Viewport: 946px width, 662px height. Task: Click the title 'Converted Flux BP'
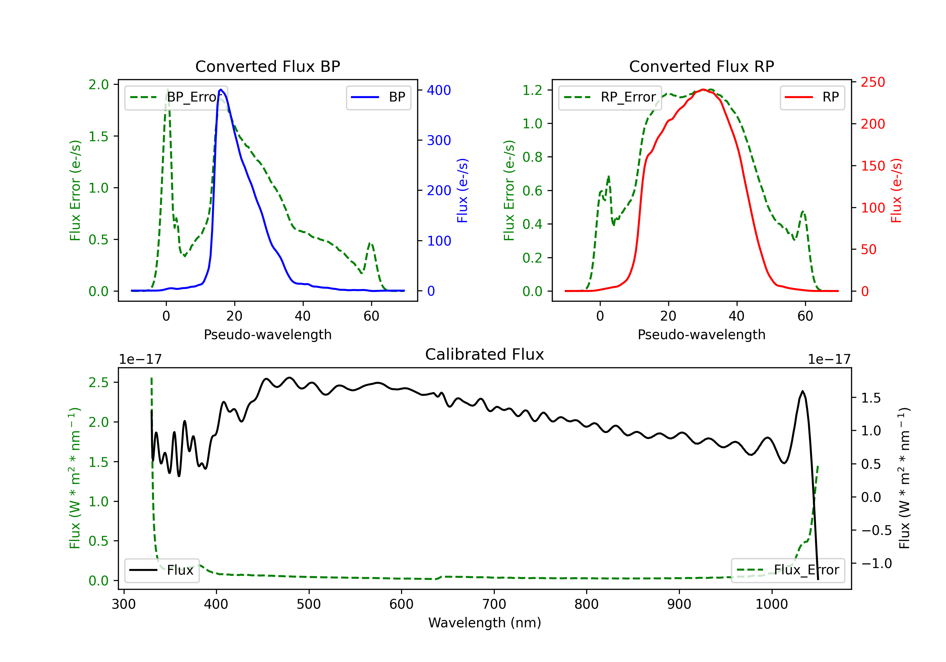pos(267,66)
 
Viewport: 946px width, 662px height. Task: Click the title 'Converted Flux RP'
pos(701,66)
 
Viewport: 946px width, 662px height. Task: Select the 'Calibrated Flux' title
pos(485,354)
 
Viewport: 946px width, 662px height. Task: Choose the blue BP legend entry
pos(378,97)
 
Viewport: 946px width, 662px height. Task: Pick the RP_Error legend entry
pos(610,97)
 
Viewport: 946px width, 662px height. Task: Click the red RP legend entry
pos(812,97)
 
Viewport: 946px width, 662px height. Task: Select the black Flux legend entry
pos(161,570)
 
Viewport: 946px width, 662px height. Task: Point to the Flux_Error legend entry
pos(788,570)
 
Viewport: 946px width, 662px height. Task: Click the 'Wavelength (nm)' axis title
pos(485,623)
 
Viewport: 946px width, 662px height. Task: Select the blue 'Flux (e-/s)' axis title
pos(463,191)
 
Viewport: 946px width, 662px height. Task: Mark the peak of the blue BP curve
pos(221,90)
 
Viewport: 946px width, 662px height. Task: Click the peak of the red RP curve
pos(703,90)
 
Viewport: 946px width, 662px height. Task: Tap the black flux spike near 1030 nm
pos(802,391)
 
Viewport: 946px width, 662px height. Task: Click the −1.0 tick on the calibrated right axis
pos(876,564)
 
